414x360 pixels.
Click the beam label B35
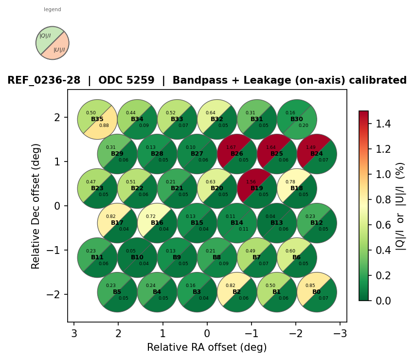click(x=97, y=119)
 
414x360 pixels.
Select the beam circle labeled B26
click(x=237, y=154)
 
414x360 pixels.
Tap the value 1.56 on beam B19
click(x=251, y=182)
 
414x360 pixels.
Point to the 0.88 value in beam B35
click(x=104, y=126)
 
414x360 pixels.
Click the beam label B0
click(x=317, y=292)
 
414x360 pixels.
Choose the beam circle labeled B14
click(x=237, y=223)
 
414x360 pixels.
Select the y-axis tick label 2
click(x=57, y=117)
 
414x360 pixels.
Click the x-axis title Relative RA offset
click(x=207, y=347)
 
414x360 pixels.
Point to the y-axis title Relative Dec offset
click(x=36, y=206)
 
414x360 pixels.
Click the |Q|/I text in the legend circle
click(x=45, y=36)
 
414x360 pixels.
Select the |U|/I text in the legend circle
click(x=59, y=50)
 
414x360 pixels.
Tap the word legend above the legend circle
click(x=53, y=9)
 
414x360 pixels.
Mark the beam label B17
click(x=117, y=223)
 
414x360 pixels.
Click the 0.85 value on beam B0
click(x=310, y=286)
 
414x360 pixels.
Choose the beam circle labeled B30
click(x=297, y=119)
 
